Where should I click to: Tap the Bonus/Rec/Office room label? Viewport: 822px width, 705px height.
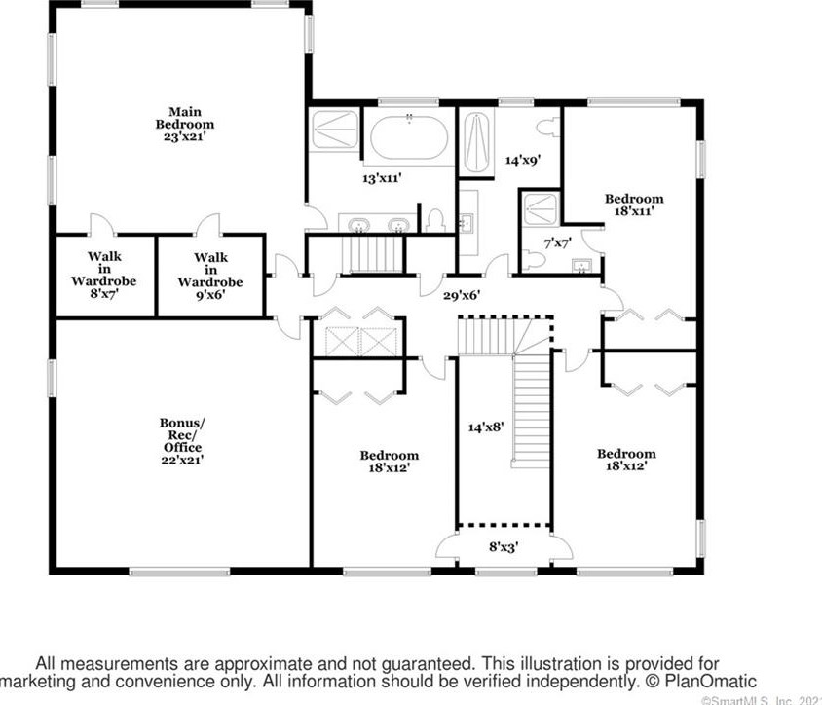click(182, 441)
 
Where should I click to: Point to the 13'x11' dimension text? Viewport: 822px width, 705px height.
click(382, 178)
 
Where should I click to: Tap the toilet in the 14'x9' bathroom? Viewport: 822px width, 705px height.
click(548, 126)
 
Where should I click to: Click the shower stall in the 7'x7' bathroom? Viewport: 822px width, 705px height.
click(539, 207)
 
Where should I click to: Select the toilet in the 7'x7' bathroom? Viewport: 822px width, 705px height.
click(532, 260)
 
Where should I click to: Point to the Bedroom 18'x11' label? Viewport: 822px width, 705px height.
click(633, 204)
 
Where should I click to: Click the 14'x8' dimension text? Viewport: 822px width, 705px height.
click(485, 427)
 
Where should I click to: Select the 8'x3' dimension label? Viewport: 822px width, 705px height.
click(504, 547)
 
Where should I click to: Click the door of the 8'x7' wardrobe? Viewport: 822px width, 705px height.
click(102, 225)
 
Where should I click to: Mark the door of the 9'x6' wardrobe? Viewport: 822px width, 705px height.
click(207, 225)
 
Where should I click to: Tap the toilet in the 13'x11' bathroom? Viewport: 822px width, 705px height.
click(435, 220)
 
